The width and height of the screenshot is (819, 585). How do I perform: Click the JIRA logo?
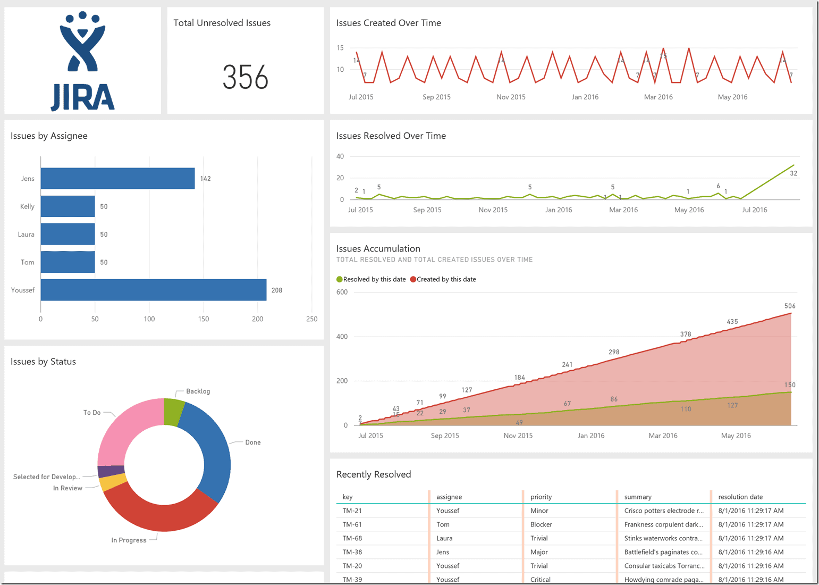click(82, 61)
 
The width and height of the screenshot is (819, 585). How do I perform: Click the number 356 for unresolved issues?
click(245, 78)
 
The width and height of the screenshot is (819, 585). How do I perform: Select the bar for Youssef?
click(153, 290)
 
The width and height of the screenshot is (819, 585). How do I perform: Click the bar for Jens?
click(117, 179)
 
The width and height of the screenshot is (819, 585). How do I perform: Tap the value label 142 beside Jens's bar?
click(205, 179)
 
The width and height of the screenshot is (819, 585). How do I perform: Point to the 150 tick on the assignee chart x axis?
click(204, 319)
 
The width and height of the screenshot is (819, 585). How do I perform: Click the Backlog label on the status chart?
click(198, 391)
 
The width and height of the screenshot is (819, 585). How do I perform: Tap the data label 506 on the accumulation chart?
click(790, 306)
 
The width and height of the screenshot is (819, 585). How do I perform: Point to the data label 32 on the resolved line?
click(793, 173)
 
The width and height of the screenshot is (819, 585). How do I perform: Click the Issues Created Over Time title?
click(389, 23)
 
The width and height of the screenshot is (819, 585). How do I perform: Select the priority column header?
click(541, 497)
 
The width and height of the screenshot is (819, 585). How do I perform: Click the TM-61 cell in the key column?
click(352, 524)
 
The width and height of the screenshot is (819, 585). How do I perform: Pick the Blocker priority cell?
click(541, 524)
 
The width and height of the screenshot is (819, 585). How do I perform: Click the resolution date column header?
click(740, 497)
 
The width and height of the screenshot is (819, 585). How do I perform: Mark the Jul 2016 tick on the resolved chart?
click(754, 210)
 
